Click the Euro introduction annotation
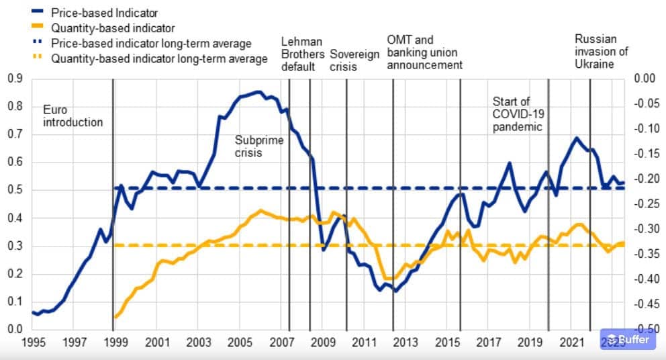(x=73, y=116)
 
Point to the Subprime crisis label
(x=259, y=146)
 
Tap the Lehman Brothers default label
(x=302, y=54)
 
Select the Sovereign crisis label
(x=354, y=54)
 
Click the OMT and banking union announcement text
(x=424, y=52)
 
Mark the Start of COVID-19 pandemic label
(x=517, y=114)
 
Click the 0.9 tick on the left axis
(x=15, y=79)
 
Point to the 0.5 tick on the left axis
(x=15, y=190)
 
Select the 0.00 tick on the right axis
(x=645, y=79)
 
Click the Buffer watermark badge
(x=626, y=340)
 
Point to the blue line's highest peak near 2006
(x=258, y=92)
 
